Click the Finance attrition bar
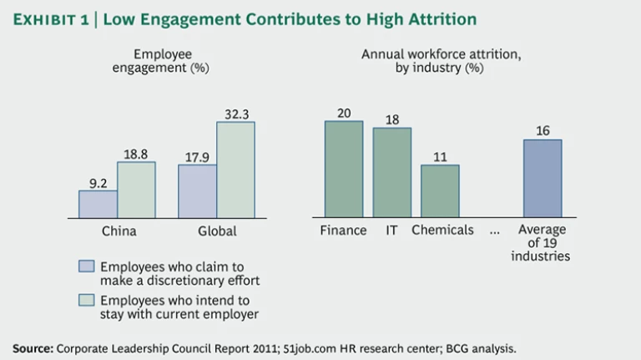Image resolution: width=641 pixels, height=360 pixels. (x=343, y=169)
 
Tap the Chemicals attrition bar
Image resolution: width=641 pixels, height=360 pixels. (x=440, y=190)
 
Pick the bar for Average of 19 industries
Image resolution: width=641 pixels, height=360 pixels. (x=543, y=178)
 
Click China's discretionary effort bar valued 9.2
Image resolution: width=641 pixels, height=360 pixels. (x=98, y=203)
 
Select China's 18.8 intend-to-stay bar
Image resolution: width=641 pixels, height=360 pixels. (x=136, y=189)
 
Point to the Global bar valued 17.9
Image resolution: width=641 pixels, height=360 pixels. (x=197, y=190)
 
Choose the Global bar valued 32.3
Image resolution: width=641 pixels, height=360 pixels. (x=235, y=169)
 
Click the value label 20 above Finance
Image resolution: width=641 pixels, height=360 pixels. (x=343, y=112)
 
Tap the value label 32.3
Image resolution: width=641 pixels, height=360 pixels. (x=235, y=112)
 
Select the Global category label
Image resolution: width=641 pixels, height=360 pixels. (x=216, y=231)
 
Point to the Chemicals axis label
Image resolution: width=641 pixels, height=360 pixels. (x=442, y=230)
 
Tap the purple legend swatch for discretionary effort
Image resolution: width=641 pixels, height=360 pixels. (x=87, y=266)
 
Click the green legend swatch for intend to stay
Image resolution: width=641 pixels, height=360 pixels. (x=87, y=301)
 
